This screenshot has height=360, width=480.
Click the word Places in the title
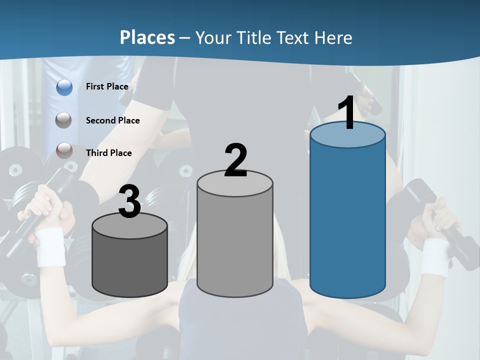click(x=147, y=37)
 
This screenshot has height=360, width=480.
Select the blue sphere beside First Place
click(x=64, y=87)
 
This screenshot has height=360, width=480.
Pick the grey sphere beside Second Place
click(x=64, y=120)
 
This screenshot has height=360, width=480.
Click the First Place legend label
click(x=107, y=86)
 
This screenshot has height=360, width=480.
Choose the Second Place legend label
click(x=112, y=120)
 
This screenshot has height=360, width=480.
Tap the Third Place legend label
click(x=108, y=153)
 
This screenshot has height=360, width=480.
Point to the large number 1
click(x=347, y=113)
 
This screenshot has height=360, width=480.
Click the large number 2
click(x=235, y=160)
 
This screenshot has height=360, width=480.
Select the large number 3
click(x=130, y=201)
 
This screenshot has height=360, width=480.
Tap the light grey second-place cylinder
click(x=235, y=240)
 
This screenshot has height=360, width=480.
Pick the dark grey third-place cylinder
click(x=130, y=265)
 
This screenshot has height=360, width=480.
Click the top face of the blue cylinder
click(x=347, y=135)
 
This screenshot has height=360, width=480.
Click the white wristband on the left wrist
click(x=50, y=247)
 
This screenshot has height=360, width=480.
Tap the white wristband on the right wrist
click(x=434, y=257)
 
